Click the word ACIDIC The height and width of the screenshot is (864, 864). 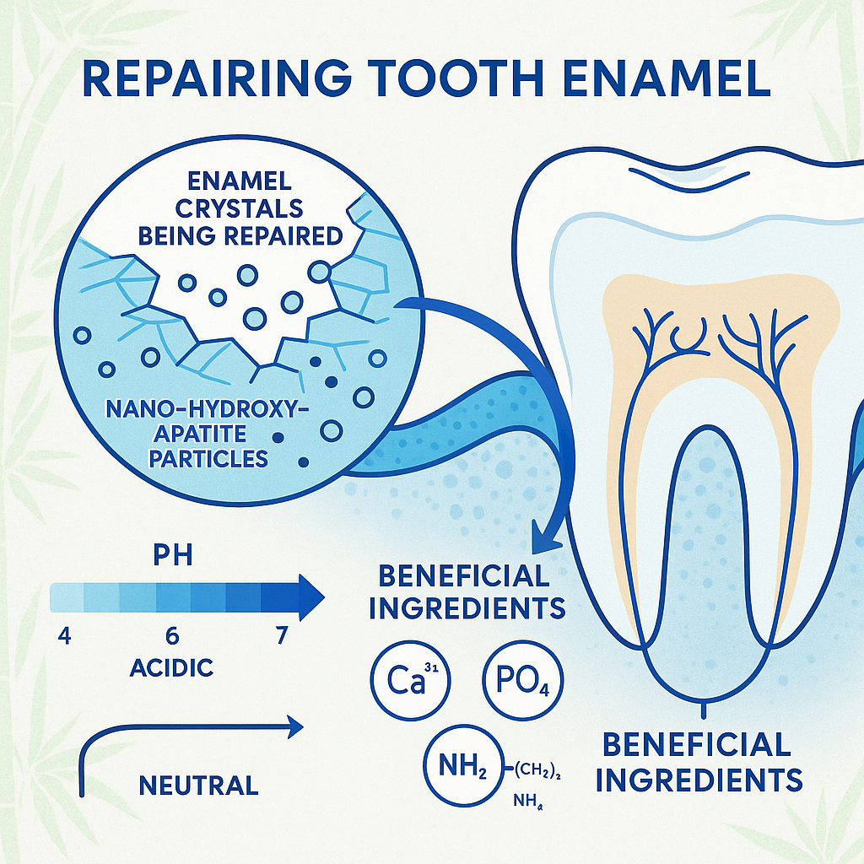[x=171, y=669]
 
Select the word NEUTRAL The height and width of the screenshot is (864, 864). [x=197, y=786]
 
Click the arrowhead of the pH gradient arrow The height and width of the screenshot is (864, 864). [x=310, y=597]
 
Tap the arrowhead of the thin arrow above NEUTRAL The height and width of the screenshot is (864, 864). [x=295, y=724]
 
